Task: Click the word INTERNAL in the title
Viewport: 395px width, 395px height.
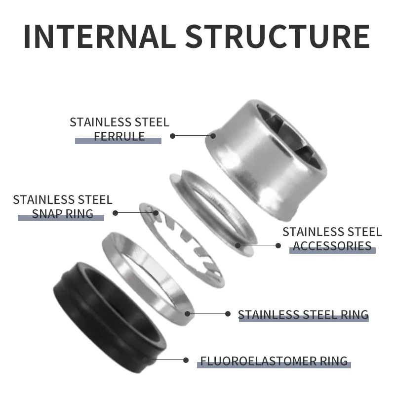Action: tap(98, 35)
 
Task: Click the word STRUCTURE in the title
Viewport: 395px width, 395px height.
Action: tap(277, 35)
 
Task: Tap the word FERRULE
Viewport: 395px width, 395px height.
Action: tap(119, 136)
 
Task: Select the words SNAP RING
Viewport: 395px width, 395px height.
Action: tap(63, 213)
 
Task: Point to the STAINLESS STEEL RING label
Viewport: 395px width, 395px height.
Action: tap(303, 315)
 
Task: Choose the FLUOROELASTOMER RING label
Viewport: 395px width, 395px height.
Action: tap(274, 361)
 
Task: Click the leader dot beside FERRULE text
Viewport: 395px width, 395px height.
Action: tap(173, 135)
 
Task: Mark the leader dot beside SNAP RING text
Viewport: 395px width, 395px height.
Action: tap(116, 213)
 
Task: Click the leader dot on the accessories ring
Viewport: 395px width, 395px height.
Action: tap(238, 244)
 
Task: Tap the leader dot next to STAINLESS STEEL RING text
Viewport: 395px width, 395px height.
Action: tap(228, 314)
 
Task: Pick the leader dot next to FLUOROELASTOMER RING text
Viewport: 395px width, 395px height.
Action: tap(186, 361)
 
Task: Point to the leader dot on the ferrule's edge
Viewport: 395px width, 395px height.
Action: tap(213, 135)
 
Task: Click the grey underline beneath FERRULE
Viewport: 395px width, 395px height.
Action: tap(118, 141)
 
